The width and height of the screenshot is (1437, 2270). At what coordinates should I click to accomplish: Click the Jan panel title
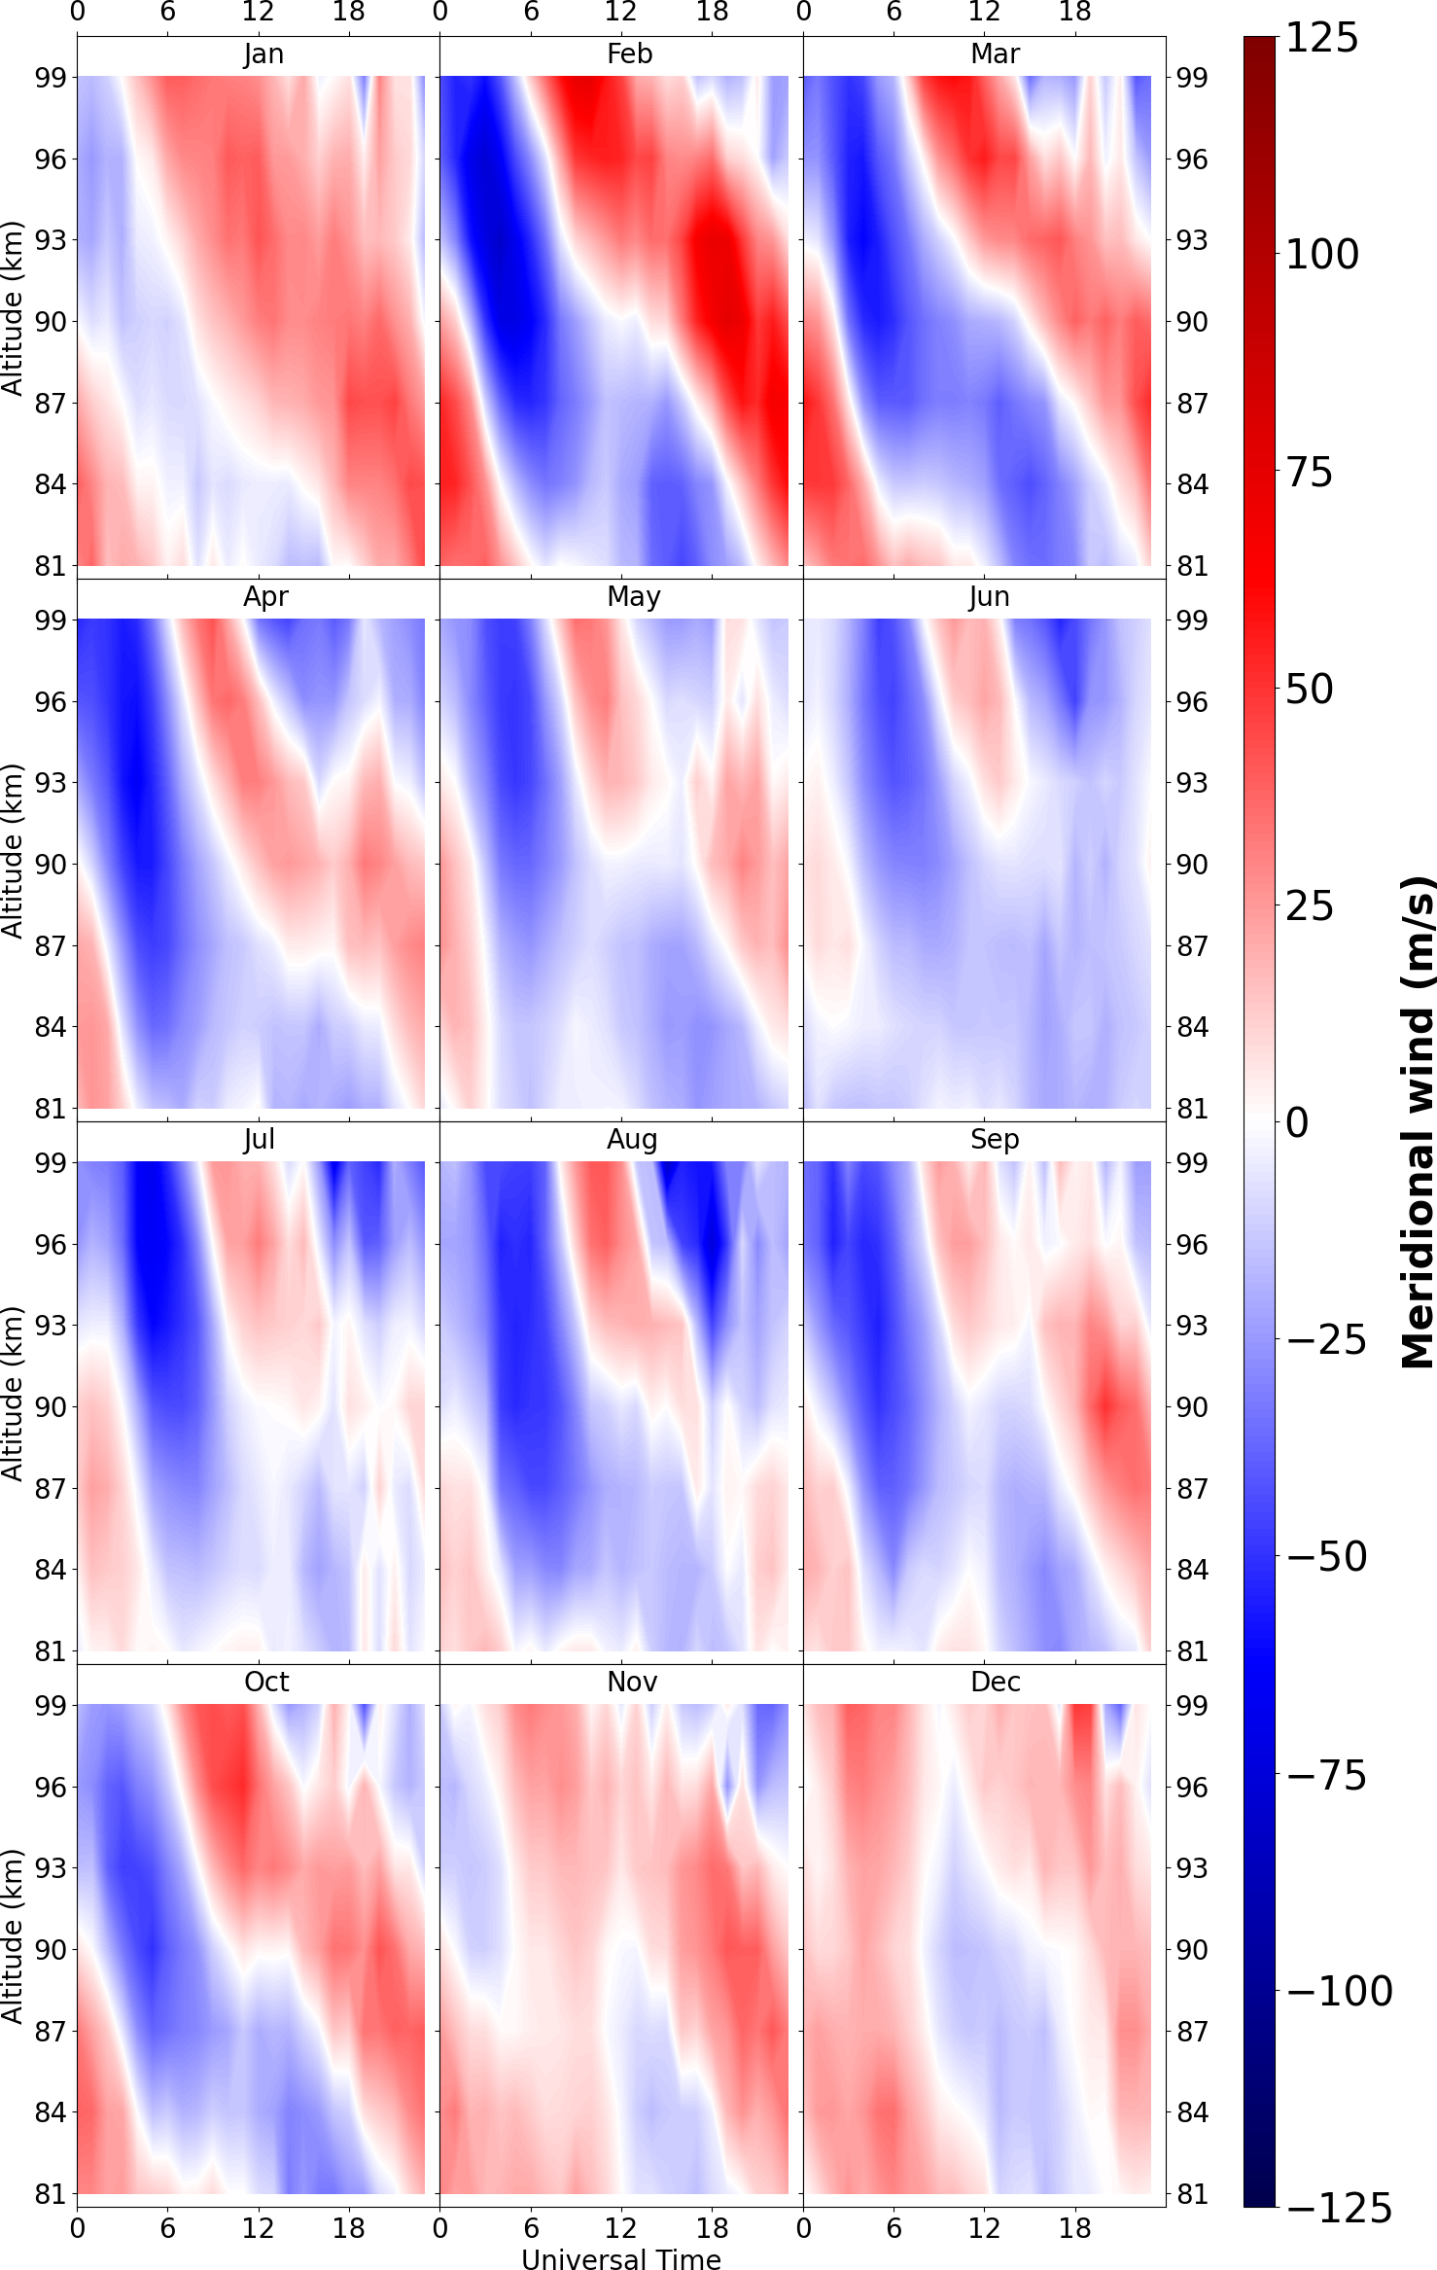coord(263,54)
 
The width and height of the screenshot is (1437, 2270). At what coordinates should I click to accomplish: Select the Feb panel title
coord(629,54)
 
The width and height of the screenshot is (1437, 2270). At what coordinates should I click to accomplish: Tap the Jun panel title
coord(989,597)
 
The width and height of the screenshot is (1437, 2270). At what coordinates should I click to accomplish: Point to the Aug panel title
coord(632,1140)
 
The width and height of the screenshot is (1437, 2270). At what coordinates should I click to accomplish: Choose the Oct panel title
coord(266,1683)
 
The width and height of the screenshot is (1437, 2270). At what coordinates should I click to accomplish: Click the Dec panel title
coord(995,1683)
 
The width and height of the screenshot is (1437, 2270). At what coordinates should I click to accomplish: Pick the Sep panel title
coord(994,1140)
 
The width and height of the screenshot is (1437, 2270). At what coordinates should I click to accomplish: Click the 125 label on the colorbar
coord(1321,39)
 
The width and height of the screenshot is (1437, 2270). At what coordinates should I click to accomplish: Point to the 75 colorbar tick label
coord(1310,473)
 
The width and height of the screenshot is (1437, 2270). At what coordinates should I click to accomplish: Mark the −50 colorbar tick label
coord(1326,1557)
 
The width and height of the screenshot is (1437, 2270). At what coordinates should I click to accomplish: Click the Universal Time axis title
coord(621,2252)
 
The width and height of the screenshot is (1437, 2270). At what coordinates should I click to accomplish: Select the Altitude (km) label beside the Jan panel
coord(12,308)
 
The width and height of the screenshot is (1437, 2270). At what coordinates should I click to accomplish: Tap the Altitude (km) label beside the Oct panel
coord(12,1936)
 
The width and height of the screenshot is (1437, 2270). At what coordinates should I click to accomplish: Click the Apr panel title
coord(265,597)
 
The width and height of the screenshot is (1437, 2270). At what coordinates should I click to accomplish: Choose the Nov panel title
coord(632,1683)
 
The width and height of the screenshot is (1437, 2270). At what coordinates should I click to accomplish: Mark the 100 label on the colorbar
coord(1321,255)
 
